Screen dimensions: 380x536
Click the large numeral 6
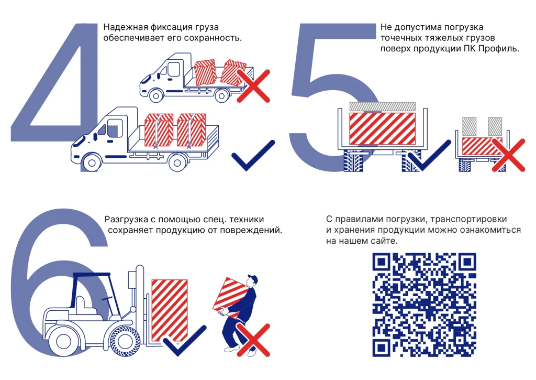(58, 283)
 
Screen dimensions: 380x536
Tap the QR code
(424, 305)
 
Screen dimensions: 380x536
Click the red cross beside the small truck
(253, 85)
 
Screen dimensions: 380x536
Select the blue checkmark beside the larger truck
(253, 157)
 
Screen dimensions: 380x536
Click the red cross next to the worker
(253, 339)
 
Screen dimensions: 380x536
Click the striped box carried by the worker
(229, 296)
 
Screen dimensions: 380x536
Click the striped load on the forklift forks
(170, 309)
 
